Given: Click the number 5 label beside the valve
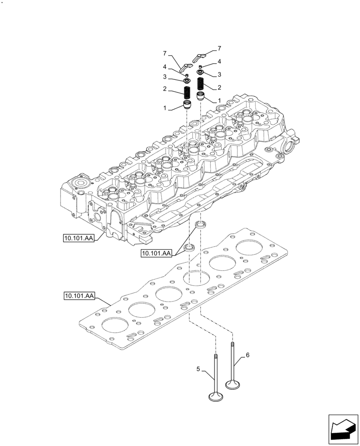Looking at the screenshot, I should [198, 369].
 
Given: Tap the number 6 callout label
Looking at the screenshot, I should [247, 355].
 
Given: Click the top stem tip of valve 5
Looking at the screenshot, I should [216, 356].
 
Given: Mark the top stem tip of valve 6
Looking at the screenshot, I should [232, 343].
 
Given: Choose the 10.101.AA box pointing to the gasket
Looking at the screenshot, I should [78, 296].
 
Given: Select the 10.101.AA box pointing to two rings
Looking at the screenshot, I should [156, 253].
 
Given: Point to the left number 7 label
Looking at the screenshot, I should [164, 54].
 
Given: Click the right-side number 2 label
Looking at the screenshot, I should [219, 87].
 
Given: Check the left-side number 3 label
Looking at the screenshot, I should [165, 77].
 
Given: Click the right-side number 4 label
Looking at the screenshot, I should [219, 61].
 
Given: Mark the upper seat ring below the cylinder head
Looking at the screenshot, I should [201, 224].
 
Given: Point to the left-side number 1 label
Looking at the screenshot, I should [165, 108].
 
